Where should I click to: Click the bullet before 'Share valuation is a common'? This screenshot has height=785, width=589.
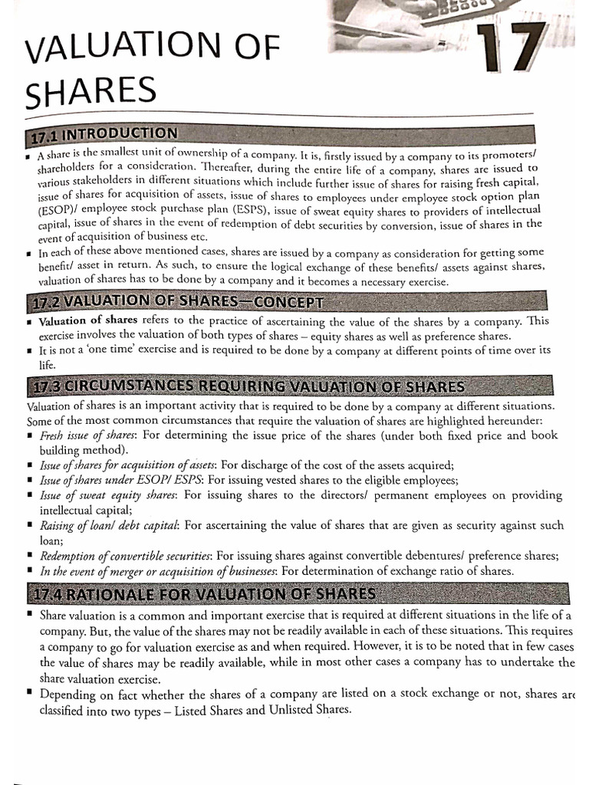[28, 616]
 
